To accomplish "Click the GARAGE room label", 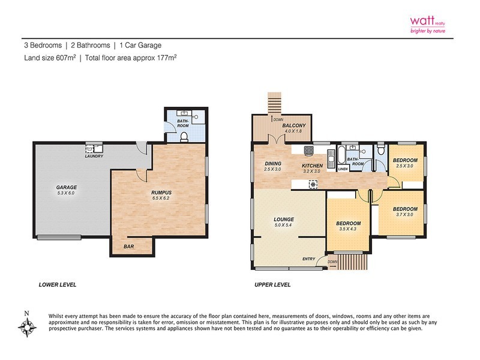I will coord(67,188).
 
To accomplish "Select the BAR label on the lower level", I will coord(128,247).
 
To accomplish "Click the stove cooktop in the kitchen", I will coord(309,150).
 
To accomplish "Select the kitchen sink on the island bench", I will coord(313,185).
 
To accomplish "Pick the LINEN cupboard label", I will coord(343,169).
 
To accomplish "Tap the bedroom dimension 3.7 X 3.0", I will coord(404,215).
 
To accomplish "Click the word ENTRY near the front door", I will coord(309,259).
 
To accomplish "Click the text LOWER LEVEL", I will coord(57,284).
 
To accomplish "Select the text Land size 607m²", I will coord(48,58).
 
